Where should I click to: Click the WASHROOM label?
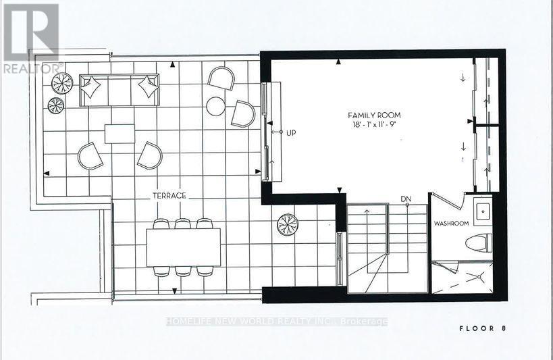pyautogui.click(x=450, y=222)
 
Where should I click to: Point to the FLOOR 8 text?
pyautogui.click(x=483, y=329)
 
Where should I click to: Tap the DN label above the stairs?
pyautogui.click(x=406, y=199)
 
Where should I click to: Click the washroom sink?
pyautogui.click(x=482, y=211)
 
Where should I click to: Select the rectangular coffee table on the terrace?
pyautogui.click(x=120, y=133)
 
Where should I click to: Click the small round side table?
pyautogui.click(x=215, y=105)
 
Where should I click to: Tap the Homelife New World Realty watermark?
pyautogui.click(x=277, y=322)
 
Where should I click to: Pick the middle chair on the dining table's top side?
pyautogui.click(x=182, y=224)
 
